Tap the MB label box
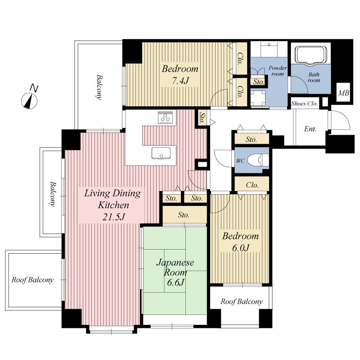344,94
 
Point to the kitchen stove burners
165,118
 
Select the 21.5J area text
113,217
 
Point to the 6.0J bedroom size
239,248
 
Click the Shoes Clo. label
305,103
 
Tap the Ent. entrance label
310,129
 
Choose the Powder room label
278,70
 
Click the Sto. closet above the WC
252,140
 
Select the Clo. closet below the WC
252,185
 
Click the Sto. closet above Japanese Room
184,215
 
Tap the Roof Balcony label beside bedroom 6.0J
241,302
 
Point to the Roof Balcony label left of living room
32,280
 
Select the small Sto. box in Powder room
258,82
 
